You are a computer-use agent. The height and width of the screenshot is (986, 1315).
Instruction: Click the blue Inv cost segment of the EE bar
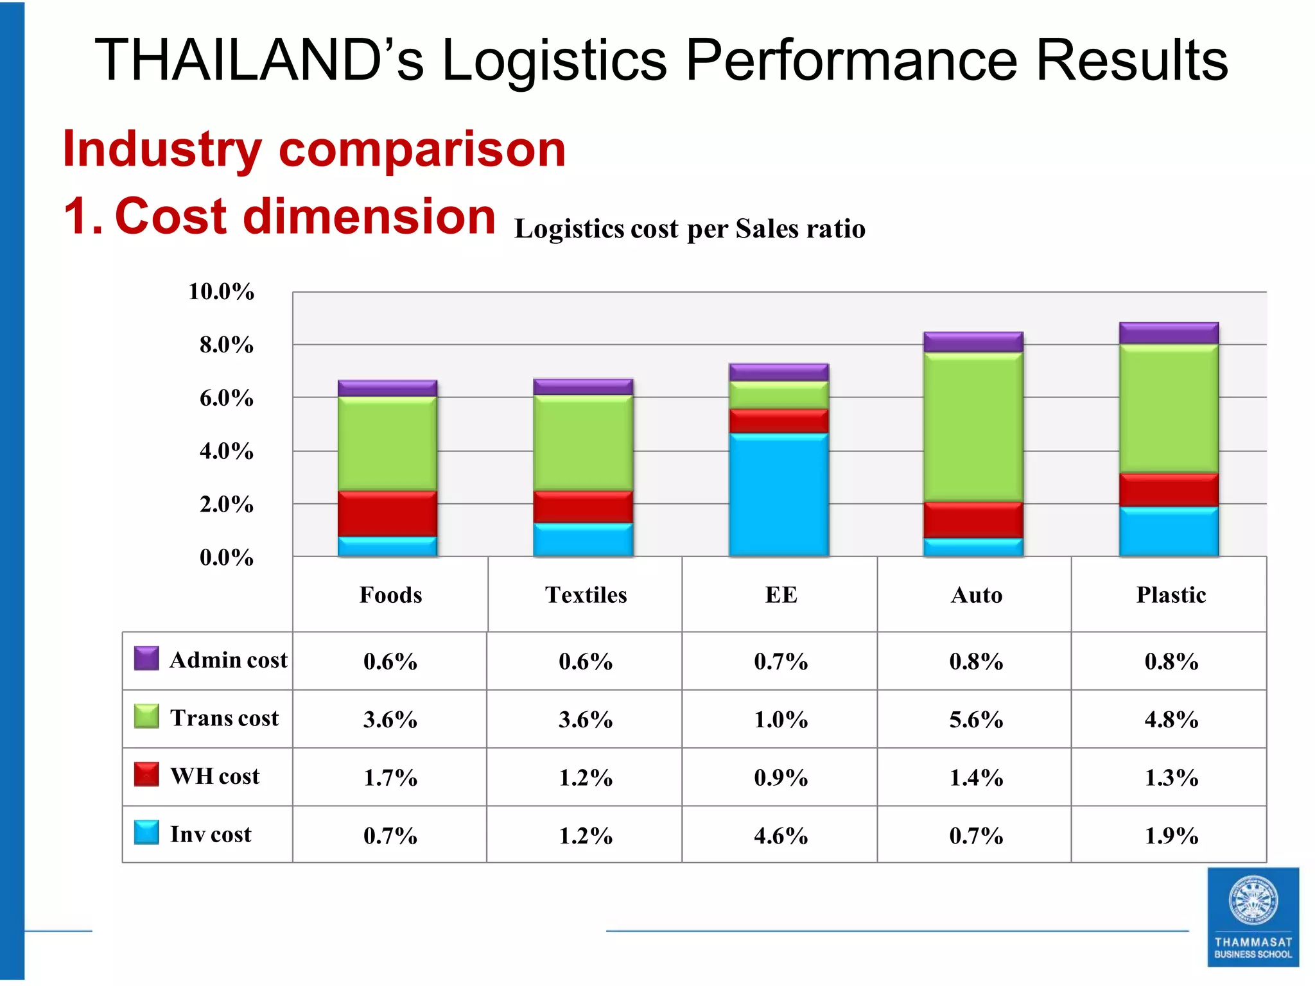point(778,494)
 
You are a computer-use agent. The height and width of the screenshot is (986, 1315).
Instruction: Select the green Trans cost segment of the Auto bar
point(973,427)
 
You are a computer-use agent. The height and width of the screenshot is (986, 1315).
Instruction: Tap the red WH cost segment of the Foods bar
point(387,514)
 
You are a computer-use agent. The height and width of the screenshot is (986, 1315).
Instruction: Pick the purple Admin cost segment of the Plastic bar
point(1169,333)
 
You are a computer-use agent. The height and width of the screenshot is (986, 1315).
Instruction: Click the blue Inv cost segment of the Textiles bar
point(583,540)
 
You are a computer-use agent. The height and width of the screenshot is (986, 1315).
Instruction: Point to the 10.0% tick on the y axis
point(221,292)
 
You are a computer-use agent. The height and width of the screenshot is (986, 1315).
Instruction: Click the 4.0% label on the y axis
point(226,451)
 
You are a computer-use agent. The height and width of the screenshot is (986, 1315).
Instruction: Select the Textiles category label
point(586,595)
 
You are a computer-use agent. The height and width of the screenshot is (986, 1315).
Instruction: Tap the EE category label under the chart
point(781,595)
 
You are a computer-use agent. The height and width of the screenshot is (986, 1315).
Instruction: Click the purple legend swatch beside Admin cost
point(146,659)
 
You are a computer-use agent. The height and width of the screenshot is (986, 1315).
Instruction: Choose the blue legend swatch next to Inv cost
point(146,833)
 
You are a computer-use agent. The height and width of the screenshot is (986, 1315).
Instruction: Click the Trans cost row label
point(224,718)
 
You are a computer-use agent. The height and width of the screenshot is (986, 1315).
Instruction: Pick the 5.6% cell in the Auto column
point(976,720)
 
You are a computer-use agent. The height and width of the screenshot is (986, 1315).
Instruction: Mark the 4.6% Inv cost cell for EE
point(781,836)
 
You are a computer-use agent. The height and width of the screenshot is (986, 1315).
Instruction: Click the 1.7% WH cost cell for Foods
point(390,777)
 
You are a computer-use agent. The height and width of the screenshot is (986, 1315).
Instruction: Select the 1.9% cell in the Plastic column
point(1171,836)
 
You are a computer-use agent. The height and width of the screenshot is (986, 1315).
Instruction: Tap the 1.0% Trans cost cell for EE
point(781,720)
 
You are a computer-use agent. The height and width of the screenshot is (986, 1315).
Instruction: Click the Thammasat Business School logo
point(1253,917)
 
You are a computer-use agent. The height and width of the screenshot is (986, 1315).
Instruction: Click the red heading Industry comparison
point(314,149)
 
